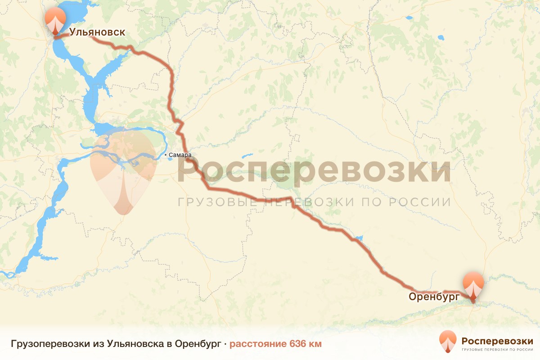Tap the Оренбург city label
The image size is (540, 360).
[434, 297]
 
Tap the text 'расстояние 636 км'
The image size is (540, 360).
[276, 344]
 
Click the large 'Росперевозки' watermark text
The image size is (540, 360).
[314, 171]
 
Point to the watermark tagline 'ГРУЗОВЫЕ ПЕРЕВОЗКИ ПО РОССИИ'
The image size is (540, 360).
[314, 202]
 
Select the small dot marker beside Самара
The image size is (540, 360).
[166, 155]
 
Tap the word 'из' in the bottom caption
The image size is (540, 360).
[99, 344]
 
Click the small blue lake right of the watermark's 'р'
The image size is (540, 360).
[247, 157]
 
